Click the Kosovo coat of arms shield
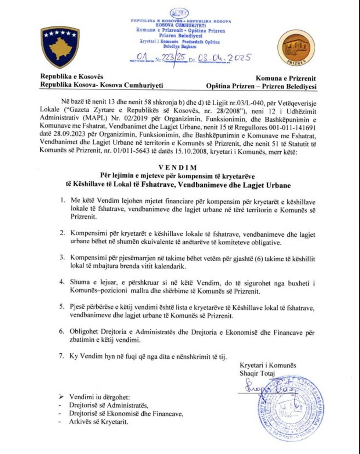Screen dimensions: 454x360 (60, 47)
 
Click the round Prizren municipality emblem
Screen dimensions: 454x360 (297, 47)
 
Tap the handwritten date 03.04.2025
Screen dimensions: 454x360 (224, 58)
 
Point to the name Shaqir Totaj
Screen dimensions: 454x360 (257, 373)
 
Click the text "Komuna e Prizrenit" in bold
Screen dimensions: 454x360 (286, 78)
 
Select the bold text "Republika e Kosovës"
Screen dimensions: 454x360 (72, 77)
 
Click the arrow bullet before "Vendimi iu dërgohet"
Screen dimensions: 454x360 (61, 397)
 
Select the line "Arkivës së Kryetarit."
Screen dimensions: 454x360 (98, 422)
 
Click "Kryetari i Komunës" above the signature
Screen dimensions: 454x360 (268, 365)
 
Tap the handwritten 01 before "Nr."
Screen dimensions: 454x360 (141, 58)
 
